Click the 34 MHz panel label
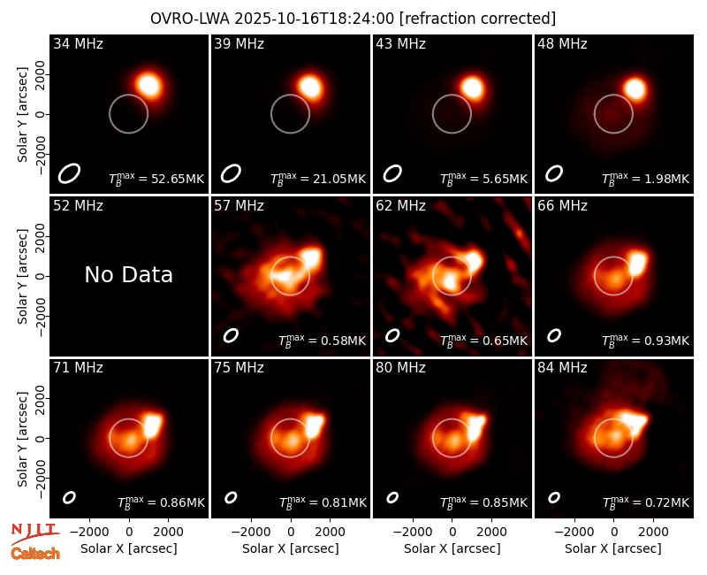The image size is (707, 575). tap(78, 43)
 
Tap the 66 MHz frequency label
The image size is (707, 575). tap(562, 206)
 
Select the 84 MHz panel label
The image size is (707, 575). tap(562, 368)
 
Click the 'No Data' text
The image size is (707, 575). tap(128, 274)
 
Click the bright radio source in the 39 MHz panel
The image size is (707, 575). tap(310, 86)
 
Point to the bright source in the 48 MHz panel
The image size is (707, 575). tap(635, 89)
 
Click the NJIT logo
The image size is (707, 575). tap(34, 532)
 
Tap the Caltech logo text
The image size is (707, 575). tap(35, 554)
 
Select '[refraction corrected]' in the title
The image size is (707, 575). tap(477, 19)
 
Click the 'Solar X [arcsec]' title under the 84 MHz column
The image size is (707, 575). tap(613, 548)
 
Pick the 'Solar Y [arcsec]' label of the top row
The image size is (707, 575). tap(22, 115)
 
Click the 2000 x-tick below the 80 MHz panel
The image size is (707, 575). tap(491, 533)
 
